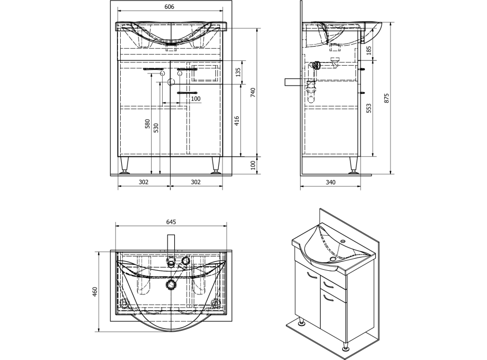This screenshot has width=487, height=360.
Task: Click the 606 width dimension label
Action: [x=170, y=7]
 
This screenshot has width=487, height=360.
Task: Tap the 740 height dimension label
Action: [x=253, y=92]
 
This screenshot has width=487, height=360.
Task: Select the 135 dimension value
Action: [x=238, y=72]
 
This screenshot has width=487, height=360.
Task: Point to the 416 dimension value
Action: [x=237, y=121]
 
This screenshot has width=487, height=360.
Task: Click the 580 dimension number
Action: [x=148, y=124]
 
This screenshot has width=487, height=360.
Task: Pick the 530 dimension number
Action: [x=156, y=128]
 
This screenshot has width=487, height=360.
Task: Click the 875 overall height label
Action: [x=386, y=98]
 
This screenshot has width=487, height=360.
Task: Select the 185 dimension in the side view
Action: [x=369, y=50]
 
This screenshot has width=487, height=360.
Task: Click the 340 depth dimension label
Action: [x=331, y=182]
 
